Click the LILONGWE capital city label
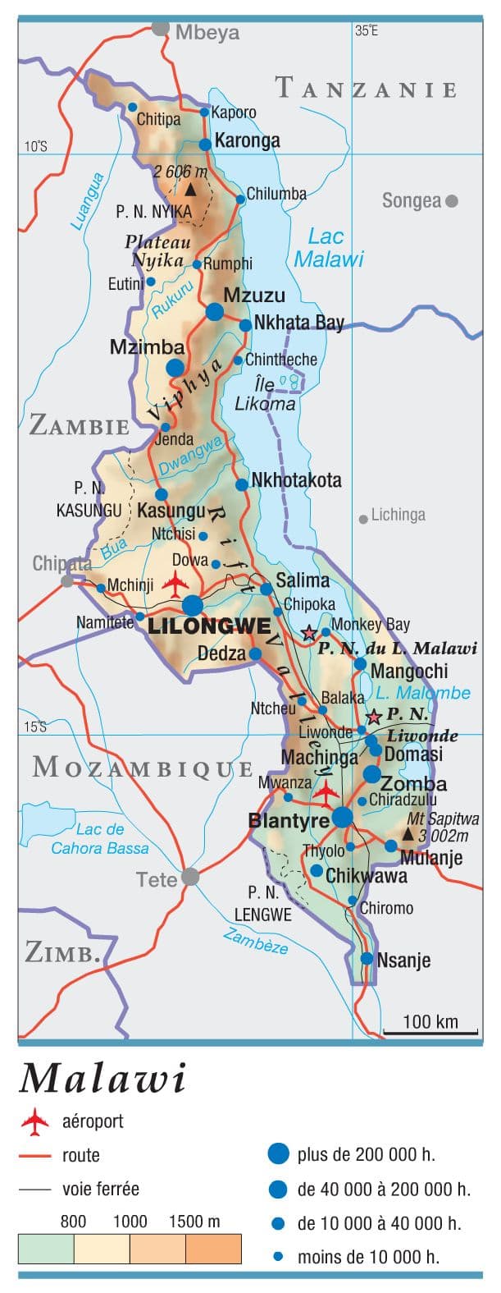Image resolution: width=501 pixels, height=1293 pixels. tap(209, 626)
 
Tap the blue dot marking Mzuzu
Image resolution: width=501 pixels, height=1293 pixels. tap(214, 311)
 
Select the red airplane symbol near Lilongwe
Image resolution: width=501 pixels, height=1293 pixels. tap(175, 584)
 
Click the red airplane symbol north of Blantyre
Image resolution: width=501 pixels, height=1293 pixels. tap(326, 792)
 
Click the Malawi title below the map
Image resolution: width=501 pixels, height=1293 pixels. tap(103, 1078)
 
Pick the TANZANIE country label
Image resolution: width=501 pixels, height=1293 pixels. tap(366, 89)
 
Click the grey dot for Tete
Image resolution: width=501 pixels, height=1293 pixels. tap(190, 877)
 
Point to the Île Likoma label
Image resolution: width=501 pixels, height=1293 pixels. tap(265, 395)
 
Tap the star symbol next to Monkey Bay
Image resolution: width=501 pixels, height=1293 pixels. tap(309, 633)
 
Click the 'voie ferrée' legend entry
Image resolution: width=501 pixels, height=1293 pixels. tap(100, 1188)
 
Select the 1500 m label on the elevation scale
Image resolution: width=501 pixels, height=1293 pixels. tap(194, 1222)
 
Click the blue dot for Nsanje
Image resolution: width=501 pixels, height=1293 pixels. tap(367, 958)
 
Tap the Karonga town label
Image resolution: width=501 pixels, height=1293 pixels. tap(247, 140)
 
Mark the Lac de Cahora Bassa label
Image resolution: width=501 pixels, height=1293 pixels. tap(100, 839)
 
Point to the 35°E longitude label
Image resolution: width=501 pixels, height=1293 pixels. tap(367, 30)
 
